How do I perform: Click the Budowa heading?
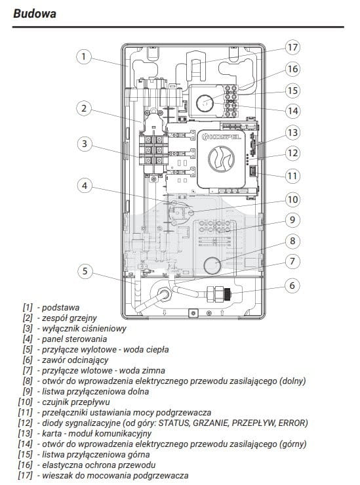(x=35, y=14)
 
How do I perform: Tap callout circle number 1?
(x=84, y=57)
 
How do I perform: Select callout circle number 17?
(x=292, y=47)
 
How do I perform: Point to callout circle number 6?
(x=292, y=285)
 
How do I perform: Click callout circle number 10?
(x=292, y=200)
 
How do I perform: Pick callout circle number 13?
(x=292, y=133)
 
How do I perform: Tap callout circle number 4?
(x=85, y=186)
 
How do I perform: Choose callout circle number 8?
(x=292, y=241)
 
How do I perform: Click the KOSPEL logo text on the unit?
(x=221, y=137)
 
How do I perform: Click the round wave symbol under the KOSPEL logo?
(x=221, y=159)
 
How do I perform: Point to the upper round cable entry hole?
(x=205, y=102)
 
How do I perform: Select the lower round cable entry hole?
(x=212, y=265)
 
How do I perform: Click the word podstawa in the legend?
(x=60, y=308)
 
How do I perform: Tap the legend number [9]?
(x=28, y=391)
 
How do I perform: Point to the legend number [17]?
(x=26, y=475)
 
